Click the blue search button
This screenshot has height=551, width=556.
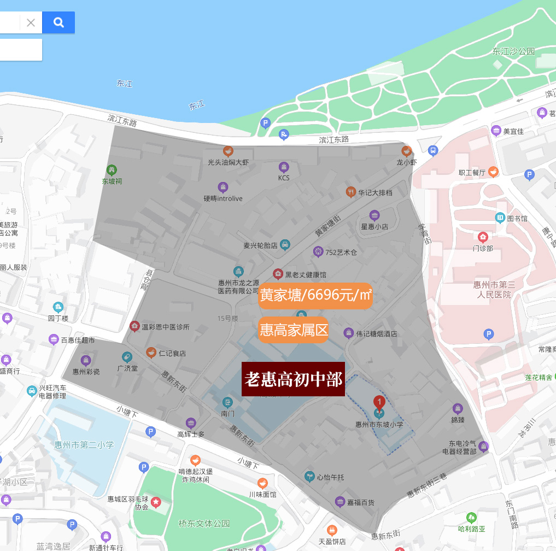58,22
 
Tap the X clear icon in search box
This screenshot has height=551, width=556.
31,22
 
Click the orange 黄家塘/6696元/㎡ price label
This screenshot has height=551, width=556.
315,295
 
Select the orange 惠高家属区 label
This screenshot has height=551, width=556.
294,330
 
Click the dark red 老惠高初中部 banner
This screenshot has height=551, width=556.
293,379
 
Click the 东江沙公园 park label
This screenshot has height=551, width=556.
513,51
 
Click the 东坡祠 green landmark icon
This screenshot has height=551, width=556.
112,170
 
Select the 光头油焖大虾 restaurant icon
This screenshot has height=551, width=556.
228,151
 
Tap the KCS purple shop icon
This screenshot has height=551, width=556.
284,167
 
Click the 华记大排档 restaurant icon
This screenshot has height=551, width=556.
350,192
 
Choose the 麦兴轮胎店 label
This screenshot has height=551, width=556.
260,245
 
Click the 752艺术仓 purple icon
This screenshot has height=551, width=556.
318,251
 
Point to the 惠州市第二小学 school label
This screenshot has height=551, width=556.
84,444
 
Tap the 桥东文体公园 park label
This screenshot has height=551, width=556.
204,523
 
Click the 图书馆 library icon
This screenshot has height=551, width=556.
500,218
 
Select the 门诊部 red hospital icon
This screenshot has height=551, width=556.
483,237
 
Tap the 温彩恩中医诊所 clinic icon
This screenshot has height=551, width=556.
134,327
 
